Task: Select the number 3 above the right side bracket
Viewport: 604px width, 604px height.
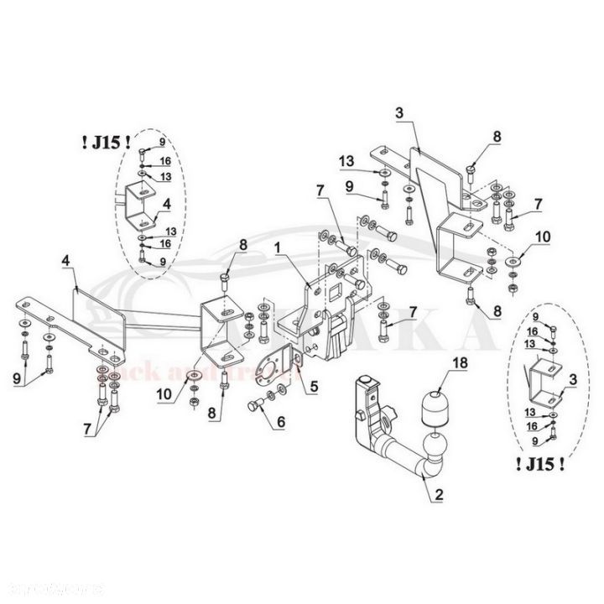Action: point(399,112)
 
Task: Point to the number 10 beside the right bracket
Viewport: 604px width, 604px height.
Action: point(544,237)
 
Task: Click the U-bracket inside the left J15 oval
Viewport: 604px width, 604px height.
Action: point(140,206)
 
